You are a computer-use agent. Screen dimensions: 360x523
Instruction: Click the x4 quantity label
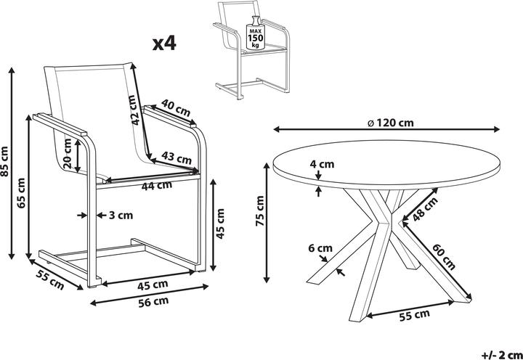[164, 43]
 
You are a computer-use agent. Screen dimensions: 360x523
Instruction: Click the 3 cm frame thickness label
[121, 215]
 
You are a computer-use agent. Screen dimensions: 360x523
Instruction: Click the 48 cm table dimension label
[419, 210]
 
